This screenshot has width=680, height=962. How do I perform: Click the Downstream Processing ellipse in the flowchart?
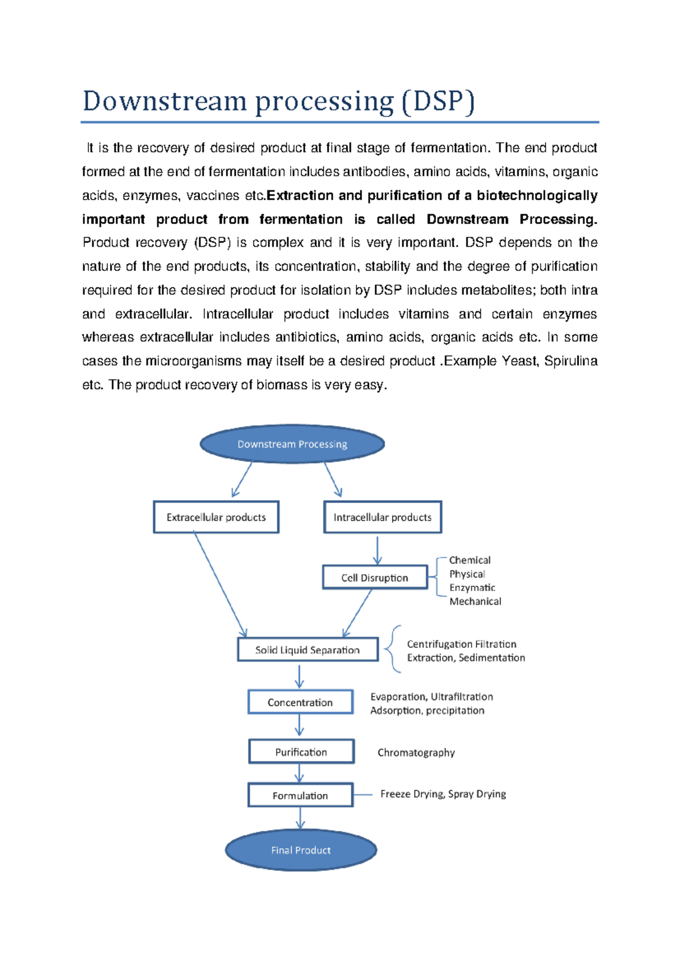coord(292,444)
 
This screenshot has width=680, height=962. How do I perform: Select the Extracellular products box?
coord(216,517)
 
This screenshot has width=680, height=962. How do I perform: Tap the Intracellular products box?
coord(382,517)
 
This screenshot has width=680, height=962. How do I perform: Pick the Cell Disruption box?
coord(375,577)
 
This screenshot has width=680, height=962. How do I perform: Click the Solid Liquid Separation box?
coord(307,650)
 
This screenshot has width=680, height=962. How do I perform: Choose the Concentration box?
coord(300,702)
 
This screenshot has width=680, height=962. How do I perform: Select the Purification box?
coord(301,752)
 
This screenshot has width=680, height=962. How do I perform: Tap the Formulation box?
coord(300,796)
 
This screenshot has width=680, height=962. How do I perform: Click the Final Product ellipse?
coord(301,850)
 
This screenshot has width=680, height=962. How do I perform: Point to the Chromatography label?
coord(416,753)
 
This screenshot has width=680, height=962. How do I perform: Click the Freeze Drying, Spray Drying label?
coord(443,794)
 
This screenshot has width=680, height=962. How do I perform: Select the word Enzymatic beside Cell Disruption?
coord(472,588)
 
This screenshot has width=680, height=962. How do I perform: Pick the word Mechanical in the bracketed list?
coord(475,601)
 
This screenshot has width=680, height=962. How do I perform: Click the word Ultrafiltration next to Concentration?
coord(462,697)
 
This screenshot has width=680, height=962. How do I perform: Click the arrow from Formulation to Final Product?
coord(300,818)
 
